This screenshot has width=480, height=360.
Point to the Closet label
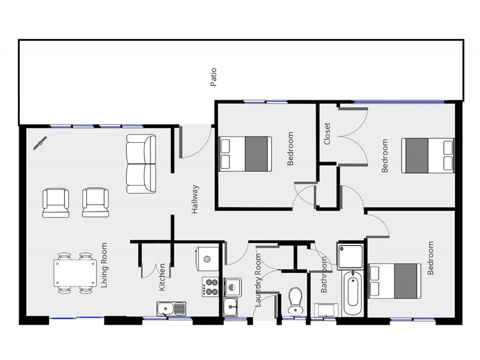(x=327, y=134)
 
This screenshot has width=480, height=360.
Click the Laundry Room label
(x=259, y=280)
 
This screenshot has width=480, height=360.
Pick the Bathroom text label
(x=324, y=275)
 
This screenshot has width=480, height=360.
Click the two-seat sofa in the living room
(x=141, y=164)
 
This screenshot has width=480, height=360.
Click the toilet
(x=295, y=299)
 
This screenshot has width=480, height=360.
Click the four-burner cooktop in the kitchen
(x=211, y=287)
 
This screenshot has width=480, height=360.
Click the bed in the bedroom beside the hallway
(x=245, y=154)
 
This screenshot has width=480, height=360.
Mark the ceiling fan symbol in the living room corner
(x=40, y=143)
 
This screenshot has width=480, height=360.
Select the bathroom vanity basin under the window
(x=326, y=310)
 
